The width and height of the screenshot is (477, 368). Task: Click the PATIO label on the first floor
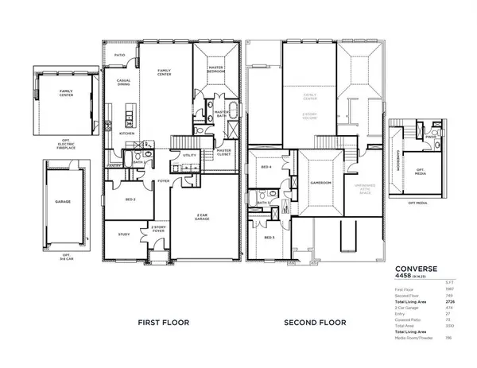[x=119, y=55]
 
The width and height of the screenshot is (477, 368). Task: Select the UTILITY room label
[x=190, y=156]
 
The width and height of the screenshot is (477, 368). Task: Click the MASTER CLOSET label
[x=223, y=152]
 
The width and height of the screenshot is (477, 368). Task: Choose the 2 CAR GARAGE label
[x=204, y=216]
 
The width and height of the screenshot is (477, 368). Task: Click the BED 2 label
[x=130, y=199]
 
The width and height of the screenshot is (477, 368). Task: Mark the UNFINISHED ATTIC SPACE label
[x=357, y=186]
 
